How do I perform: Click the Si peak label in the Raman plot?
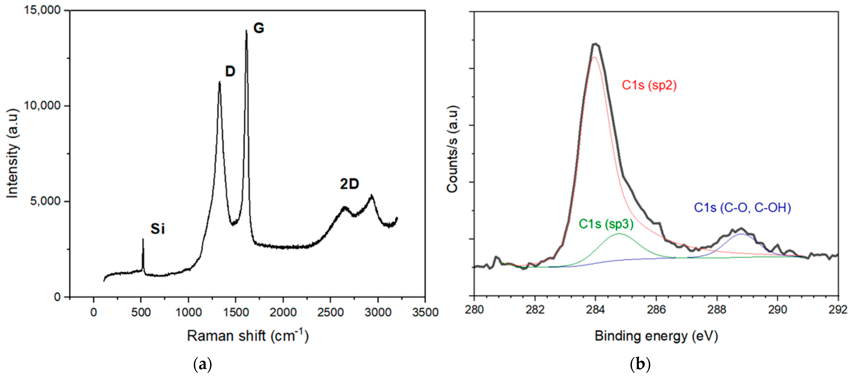(x=157, y=229)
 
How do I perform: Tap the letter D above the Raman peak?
(x=230, y=71)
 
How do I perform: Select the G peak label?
(x=259, y=28)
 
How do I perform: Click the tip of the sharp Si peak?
(x=143, y=239)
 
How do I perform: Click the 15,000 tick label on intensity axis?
(x=42, y=10)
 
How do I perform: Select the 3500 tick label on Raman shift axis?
(x=425, y=312)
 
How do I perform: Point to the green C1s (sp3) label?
(x=606, y=224)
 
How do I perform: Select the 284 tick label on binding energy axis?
(x=595, y=310)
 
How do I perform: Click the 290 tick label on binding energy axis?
(x=777, y=310)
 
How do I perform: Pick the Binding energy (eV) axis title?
(x=656, y=336)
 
